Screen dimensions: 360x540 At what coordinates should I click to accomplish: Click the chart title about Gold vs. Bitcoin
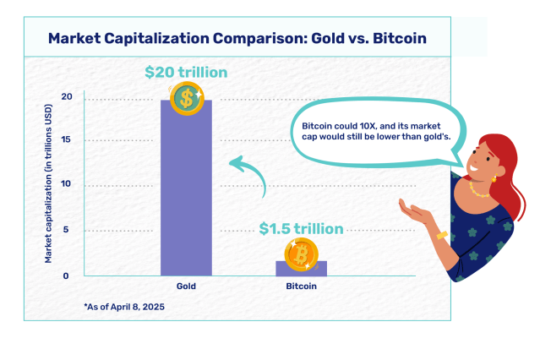pyautogui.click(x=237, y=38)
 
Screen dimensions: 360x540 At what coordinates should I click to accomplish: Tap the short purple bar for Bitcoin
pyautogui.click(x=302, y=268)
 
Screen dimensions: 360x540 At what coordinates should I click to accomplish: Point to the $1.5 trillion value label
pyautogui.click(x=301, y=228)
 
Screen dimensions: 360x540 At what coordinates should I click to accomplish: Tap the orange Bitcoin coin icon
pyautogui.click(x=301, y=254)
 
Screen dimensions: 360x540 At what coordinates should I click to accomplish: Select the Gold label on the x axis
pyautogui.click(x=186, y=287)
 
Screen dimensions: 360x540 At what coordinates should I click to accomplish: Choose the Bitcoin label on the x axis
pyautogui.click(x=302, y=287)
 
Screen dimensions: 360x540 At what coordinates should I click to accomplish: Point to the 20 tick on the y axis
pyautogui.click(x=66, y=97)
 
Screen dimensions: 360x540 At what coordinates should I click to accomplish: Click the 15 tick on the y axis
pyautogui.click(x=66, y=140)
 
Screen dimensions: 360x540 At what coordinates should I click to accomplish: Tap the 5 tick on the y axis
pyautogui.click(x=68, y=229)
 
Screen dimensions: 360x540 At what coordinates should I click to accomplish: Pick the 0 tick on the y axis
pyautogui.click(x=68, y=275)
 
